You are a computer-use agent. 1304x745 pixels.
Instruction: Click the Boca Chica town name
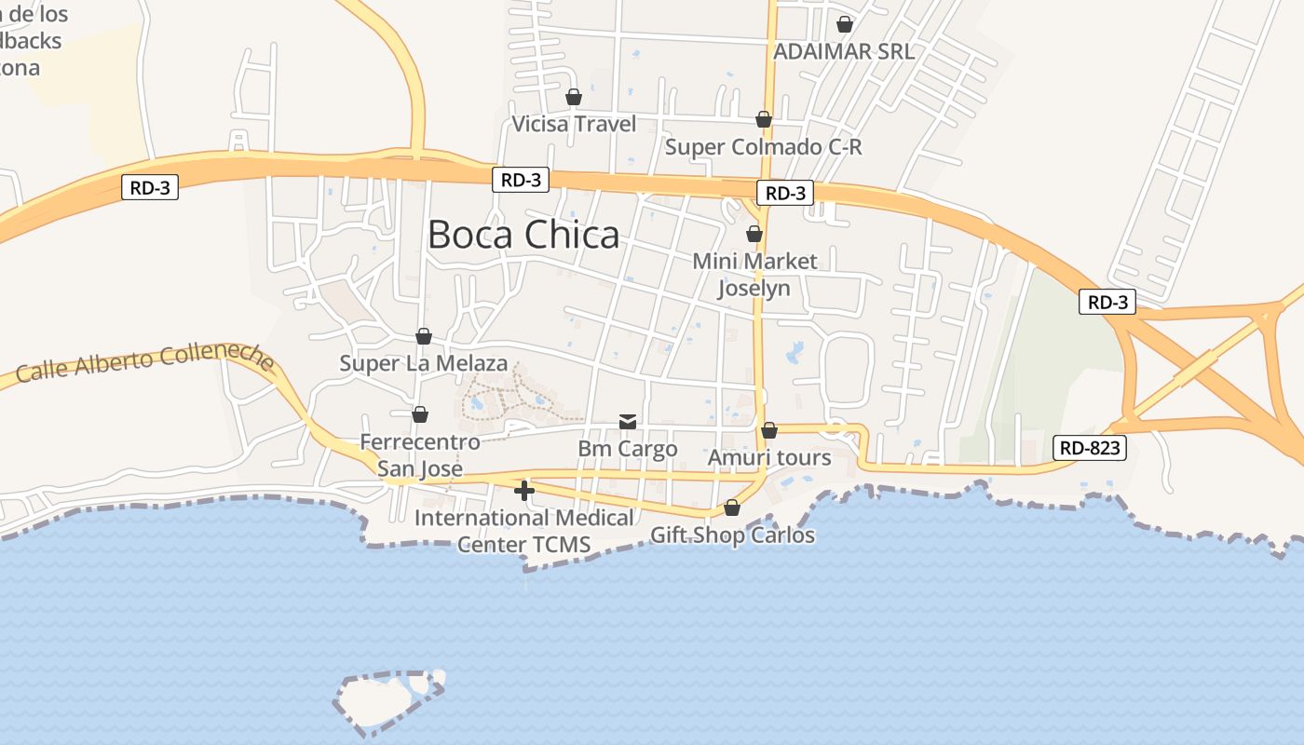point(523,235)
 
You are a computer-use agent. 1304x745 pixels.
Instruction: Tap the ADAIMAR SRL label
point(844,51)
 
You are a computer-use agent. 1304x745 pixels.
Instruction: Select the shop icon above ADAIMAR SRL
point(845,24)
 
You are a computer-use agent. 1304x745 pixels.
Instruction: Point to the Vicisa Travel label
point(575,124)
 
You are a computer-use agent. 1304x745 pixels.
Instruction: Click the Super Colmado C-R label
point(763,147)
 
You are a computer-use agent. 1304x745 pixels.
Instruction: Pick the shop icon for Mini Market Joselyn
point(754,234)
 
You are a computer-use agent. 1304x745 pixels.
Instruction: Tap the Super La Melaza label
point(424,363)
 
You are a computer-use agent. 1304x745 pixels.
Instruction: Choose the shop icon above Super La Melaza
point(424,335)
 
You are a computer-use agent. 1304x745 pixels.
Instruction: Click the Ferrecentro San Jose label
point(420,454)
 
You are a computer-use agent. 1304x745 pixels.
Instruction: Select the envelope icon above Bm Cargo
point(628,422)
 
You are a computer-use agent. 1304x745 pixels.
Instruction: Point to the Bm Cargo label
point(628,449)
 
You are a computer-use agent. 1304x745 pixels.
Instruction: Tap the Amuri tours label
point(769,457)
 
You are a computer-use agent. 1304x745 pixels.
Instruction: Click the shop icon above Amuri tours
point(769,430)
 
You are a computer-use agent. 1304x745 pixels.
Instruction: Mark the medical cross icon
point(524,490)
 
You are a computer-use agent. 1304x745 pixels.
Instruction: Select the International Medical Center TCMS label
point(524,531)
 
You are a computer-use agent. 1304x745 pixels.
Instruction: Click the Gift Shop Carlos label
point(732,535)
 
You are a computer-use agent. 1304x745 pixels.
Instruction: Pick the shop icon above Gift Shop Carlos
point(732,508)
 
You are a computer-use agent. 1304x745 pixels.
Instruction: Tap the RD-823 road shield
point(1091,448)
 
